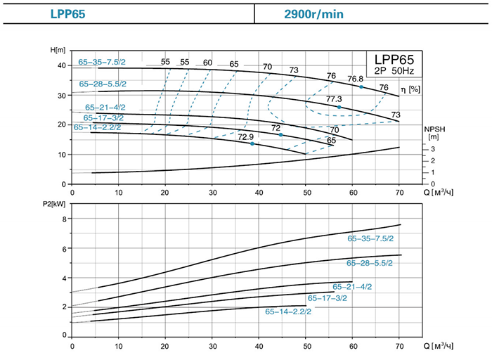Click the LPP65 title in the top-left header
[67, 14]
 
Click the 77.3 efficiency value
[334, 99]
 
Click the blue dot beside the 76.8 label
[361, 86]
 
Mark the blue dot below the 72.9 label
[252, 144]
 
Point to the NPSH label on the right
[432, 130]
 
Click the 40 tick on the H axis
[61, 65]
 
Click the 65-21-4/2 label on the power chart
[352, 286]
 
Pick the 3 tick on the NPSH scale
[434, 149]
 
